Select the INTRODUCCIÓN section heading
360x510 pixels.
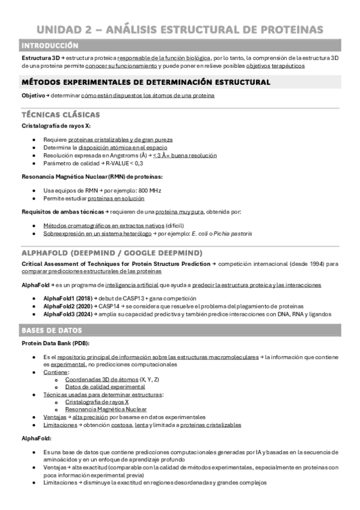point(49,46)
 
